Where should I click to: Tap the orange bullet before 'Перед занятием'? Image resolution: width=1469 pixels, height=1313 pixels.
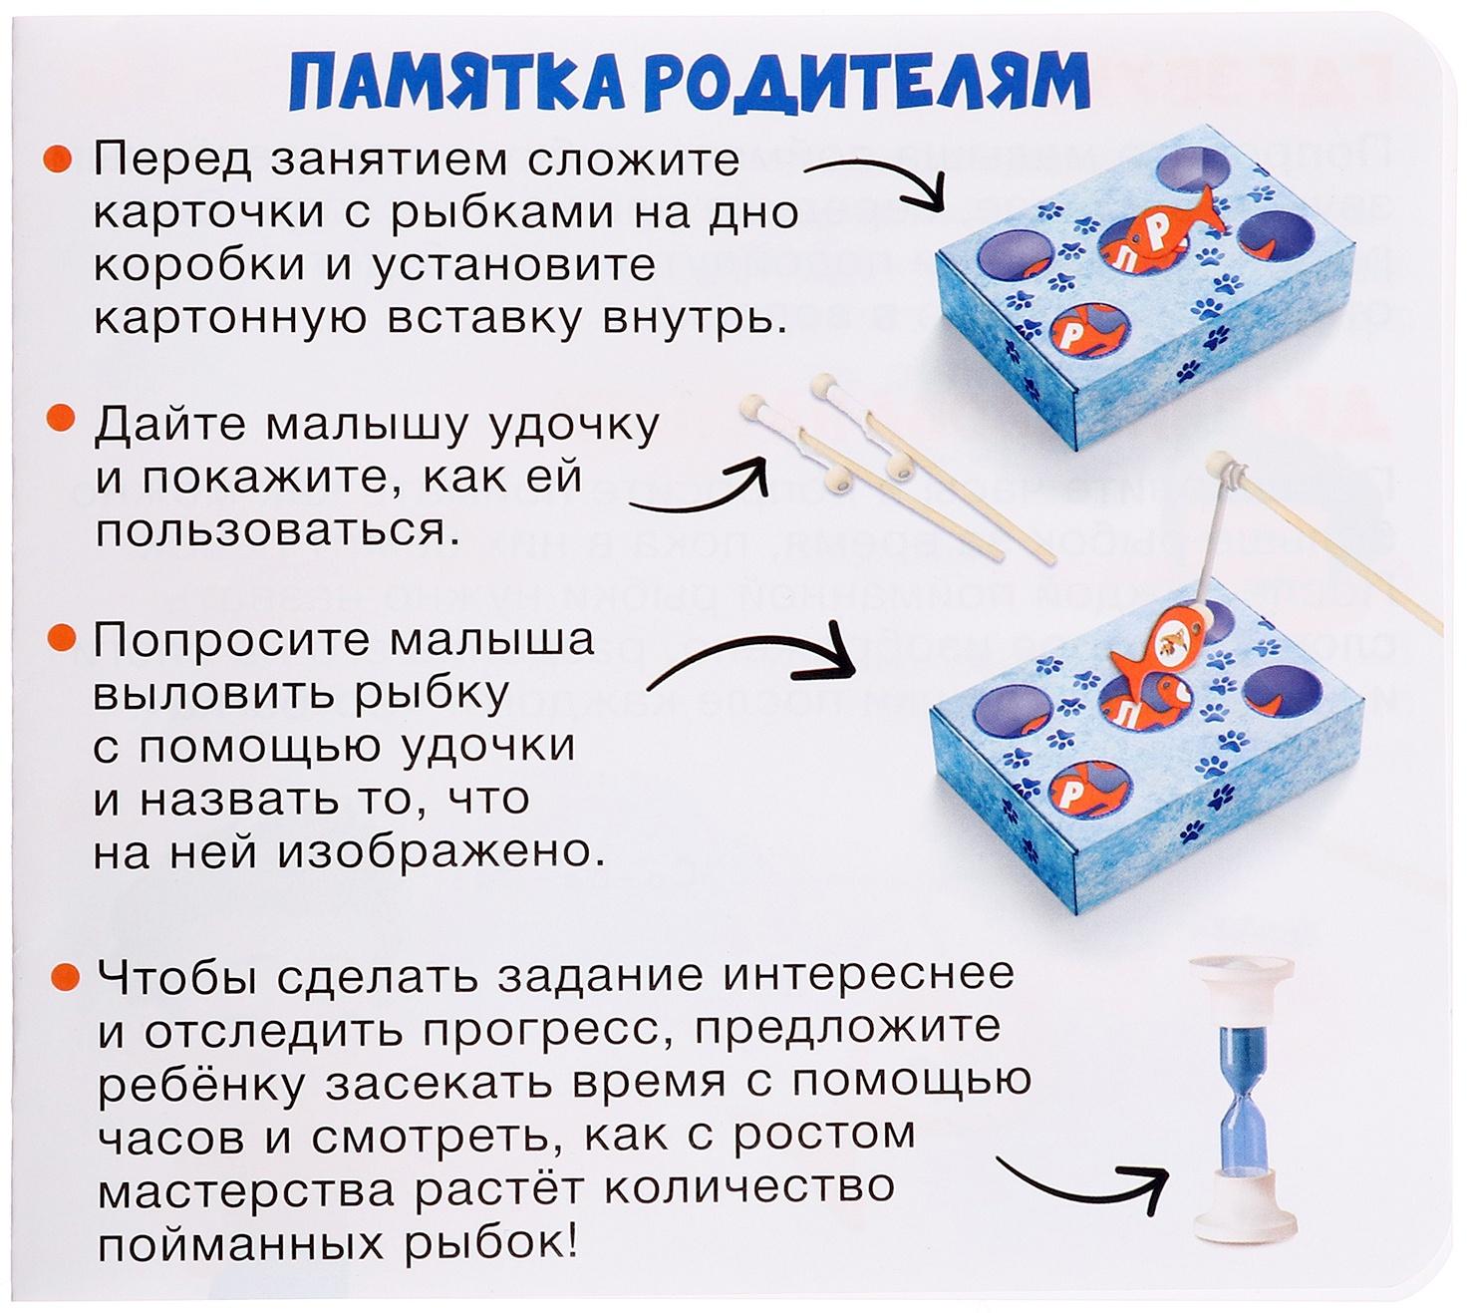click(x=57, y=160)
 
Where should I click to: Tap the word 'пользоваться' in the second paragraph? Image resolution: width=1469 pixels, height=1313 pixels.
click(x=278, y=531)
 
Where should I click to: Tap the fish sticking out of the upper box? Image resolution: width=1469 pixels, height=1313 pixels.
click(x=1166, y=233)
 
